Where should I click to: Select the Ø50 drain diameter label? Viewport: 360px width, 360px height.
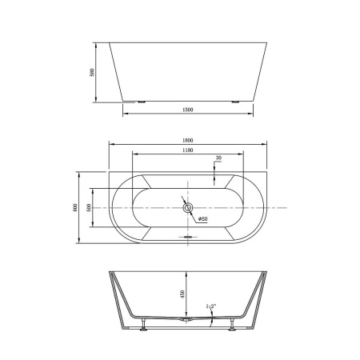[x=202, y=218]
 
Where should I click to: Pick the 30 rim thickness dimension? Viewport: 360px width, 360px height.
[x=218, y=158]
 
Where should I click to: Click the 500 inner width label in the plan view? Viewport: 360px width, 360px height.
[x=90, y=207]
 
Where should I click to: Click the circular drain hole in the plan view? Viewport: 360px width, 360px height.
[x=189, y=209]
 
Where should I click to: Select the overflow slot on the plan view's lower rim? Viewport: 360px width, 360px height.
[x=189, y=237]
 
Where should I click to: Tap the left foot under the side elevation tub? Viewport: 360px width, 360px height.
[x=142, y=102]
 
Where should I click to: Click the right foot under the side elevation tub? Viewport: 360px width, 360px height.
[x=236, y=102]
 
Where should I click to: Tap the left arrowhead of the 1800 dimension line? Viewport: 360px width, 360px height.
[x=110, y=145]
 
